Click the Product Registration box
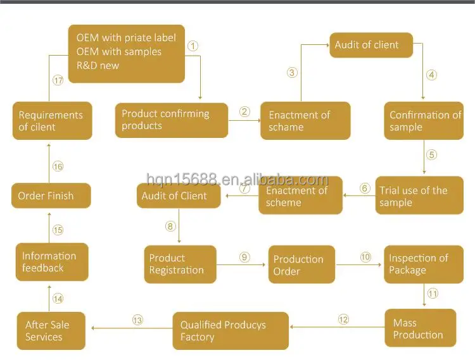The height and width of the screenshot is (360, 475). [180, 264]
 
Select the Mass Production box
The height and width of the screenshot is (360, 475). [420, 328]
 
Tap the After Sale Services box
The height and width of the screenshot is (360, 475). [51, 331]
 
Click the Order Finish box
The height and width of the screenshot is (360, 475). [51, 196]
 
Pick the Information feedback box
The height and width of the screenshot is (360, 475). [52, 262]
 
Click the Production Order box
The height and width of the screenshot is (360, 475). [301, 264]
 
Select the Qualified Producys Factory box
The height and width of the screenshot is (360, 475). [231, 330]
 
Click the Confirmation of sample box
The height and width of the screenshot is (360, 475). [424, 120]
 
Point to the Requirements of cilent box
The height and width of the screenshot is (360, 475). [52, 120]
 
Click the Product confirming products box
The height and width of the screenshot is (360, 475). [171, 120]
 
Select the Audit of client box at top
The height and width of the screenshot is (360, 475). [370, 45]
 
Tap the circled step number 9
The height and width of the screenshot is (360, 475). [244, 257]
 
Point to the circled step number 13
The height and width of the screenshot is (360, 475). [137, 320]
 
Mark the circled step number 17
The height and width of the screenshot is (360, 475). [58, 80]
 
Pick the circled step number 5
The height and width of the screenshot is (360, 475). [431, 154]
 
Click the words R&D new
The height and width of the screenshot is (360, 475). [98, 65]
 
